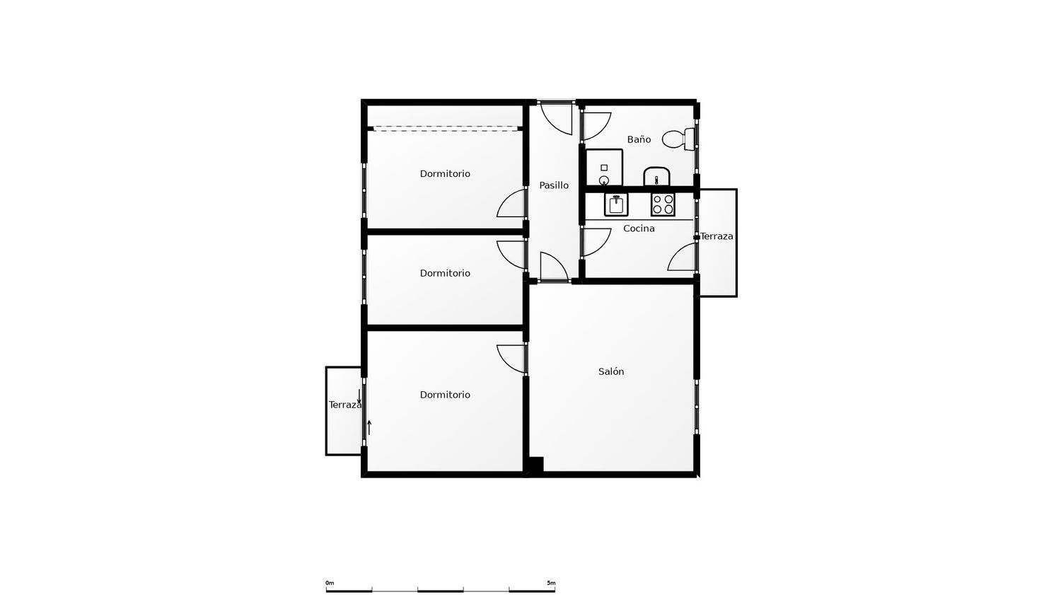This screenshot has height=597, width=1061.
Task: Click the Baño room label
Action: tap(639, 139)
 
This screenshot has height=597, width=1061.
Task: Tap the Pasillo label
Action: tap(554, 185)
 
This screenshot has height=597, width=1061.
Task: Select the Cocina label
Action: tap(639, 228)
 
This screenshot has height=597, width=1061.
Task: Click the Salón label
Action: tap(611, 371)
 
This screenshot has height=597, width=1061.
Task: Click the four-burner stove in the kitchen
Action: tap(663, 204)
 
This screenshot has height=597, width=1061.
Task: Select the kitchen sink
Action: tap(616, 204)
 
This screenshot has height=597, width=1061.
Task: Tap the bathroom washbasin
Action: tap(656, 177)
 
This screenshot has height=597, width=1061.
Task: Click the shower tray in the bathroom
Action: tap(604, 168)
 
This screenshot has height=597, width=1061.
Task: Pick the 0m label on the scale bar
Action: tap(330, 583)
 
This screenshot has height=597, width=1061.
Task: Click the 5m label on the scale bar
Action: tap(551, 583)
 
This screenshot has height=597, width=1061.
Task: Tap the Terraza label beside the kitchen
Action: tap(717, 236)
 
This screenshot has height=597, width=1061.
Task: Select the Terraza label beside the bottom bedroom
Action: tap(345, 405)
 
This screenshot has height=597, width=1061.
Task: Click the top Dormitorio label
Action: tap(445, 173)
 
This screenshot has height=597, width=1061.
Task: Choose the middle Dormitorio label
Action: tap(445, 273)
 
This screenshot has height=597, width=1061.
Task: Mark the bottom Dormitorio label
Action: tap(445, 395)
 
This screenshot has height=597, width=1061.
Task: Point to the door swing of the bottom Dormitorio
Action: tap(505, 362)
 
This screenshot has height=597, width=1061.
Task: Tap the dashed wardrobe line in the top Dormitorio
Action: tap(445, 127)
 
